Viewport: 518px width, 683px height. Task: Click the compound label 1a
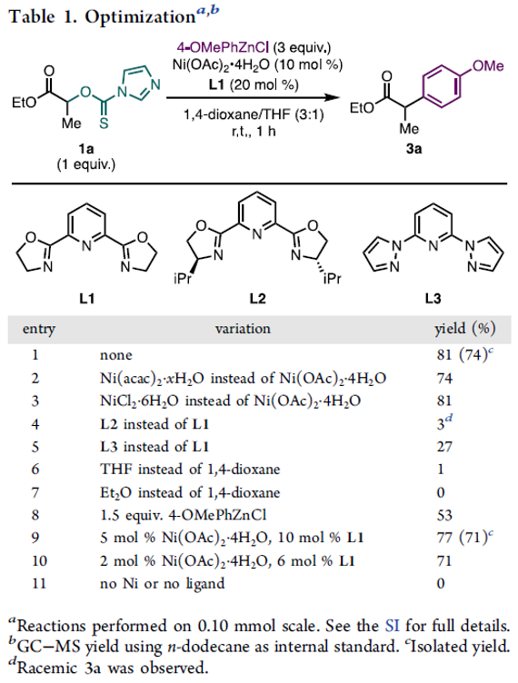(x=85, y=149)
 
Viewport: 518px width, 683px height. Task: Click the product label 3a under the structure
(x=413, y=149)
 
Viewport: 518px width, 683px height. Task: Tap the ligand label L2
(x=257, y=299)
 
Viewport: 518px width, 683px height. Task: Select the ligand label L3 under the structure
(x=433, y=299)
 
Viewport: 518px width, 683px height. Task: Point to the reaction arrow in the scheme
(x=253, y=98)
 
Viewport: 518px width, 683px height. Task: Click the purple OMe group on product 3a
(x=488, y=66)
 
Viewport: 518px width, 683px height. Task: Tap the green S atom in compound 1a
(x=104, y=124)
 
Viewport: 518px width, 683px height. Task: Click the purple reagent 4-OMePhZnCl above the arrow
(x=223, y=47)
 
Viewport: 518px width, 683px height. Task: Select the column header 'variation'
(x=243, y=329)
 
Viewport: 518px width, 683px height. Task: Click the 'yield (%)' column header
(x=465, y=329)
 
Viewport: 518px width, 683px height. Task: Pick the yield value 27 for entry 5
(x=444, y=447)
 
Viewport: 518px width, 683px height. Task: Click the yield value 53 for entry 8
(x=444, y=515)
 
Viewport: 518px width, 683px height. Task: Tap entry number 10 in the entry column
(x=39, y=560)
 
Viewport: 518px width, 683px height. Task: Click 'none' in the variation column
(x=116, y=355)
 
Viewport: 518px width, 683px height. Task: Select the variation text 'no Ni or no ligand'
(x=162, y=584)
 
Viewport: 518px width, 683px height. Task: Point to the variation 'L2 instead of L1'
(x=154, y=424)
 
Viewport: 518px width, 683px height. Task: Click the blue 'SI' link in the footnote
(x=392, y=627)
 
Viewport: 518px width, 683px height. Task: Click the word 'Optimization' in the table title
(x=140, y=17)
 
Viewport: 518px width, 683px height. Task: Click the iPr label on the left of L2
(x=183, y=278)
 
